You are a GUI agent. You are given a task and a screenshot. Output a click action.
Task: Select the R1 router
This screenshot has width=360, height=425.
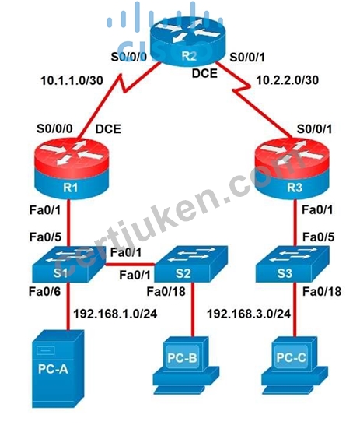[x=72, y=169]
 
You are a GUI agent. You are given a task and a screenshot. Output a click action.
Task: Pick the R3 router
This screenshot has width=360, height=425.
[x=292, y=169]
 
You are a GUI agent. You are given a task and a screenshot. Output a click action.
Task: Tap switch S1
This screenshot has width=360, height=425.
[x=68, y=265]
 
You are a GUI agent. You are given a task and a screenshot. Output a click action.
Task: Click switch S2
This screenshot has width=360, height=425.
[x=190, y=265]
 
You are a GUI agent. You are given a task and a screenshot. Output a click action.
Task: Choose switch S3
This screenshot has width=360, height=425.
[x=292, y=265]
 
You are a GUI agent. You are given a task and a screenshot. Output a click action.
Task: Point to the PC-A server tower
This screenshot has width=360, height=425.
[x=58, y=369]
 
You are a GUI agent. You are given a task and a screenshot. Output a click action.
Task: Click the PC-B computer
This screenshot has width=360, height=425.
[x=186, y=364]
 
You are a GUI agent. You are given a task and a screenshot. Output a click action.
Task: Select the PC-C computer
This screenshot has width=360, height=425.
[x=295, y=364]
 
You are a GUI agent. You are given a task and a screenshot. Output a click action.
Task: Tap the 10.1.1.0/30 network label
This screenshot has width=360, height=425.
[x=72, y=80]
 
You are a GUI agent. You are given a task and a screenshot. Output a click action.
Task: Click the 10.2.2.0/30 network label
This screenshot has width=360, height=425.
[x=287, y=80]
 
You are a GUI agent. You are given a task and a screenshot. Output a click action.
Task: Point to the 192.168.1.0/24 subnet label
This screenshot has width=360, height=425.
[x=115, y=314]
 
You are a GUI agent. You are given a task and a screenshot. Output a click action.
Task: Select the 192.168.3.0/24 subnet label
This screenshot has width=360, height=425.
[x=249, y=314]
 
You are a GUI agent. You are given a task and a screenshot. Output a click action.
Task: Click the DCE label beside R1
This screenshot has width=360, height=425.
[x=108, y=129]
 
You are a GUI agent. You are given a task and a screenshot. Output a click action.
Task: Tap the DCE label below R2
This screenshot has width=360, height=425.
[x=204, y=73]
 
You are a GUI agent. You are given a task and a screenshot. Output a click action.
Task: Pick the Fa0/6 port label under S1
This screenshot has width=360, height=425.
[x=44, y=292]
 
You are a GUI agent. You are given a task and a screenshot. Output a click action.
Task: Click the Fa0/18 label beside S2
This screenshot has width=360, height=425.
[x=166, y=292]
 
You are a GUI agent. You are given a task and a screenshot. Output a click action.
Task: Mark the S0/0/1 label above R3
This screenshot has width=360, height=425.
[x=314, y=129]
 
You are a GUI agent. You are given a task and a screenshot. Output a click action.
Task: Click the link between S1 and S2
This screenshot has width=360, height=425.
[x=130, y=264]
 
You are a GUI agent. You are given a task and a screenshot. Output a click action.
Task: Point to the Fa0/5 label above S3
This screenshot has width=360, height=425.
[x=318, y=237]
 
